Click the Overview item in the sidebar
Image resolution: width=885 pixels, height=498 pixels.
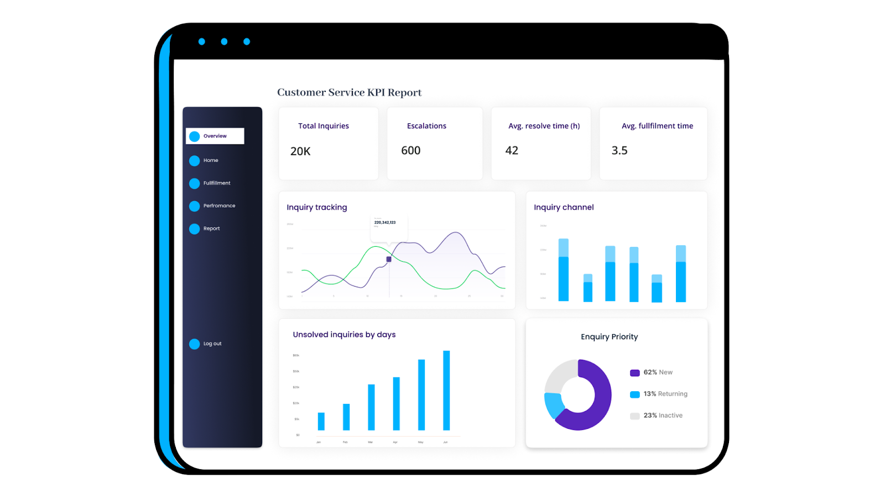pyautogui.click(x=215, y=136)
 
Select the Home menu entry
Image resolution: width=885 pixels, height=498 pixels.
pyautogui.click(x=210, y=160)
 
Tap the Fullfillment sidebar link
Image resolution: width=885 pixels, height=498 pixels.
pyautogui.click(x=216, y=183)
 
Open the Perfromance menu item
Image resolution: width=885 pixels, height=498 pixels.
pyautogui.click(x=219, y=206)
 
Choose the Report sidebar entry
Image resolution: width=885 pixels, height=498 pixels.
pyautogui.click(x=211, y=229)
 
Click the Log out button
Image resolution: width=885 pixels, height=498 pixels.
pyautogui.click(x=212, y=344)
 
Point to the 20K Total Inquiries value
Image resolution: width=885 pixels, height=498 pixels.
pyautogui.click(x=300, y=152)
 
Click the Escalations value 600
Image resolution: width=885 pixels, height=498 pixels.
pyautogui.click(x=411, y=151)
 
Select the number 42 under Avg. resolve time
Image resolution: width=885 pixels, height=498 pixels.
pyautogui.click(x=512, y=151)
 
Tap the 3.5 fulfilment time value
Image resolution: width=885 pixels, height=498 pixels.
pyautogui.click(x=619, y=151)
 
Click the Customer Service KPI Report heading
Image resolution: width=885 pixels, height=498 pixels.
pyautogui.click(x=349, y=92)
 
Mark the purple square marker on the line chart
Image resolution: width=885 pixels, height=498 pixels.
pyautogui.click(x=389, y=259)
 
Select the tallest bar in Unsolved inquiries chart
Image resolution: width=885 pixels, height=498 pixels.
pyautogui.click(x=446, y=390)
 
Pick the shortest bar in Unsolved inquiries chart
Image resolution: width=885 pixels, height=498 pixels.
pyautogui.click(x=321, y=421)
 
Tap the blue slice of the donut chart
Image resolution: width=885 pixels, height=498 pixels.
pyautogui.click(x=553, y=406)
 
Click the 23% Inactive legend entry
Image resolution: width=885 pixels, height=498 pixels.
pyautogui.click(x=662, y=416)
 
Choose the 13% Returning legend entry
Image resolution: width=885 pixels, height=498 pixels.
pyautogui.click(x=664, y=394)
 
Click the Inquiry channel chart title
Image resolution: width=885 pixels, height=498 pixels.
pyautogui.click(x=564, y=207)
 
